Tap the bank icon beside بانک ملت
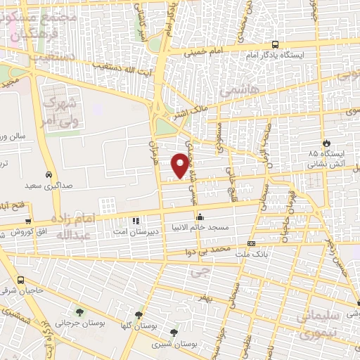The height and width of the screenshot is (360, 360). [x=252, y=243]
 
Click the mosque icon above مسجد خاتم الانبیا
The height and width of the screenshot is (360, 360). [x=200, y=217]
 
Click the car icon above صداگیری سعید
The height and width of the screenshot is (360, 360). [x=48, y=174]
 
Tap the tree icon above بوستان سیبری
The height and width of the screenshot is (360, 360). [x=174, y=333]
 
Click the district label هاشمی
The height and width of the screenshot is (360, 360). [x=234, y=91]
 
